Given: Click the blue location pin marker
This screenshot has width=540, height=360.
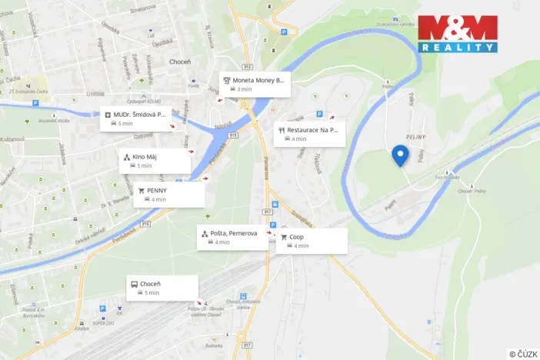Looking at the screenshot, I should pyautogui.click(x=400, y=155).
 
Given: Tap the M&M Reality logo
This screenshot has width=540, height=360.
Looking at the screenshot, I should pyautogui.click(x=457, y=33).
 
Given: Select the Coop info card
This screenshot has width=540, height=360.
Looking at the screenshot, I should pyautogui.click(x=312, y=241).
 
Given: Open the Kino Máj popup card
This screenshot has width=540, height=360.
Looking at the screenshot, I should pyautogui.click(x=155, y=161).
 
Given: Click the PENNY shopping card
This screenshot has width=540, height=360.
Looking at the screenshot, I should pyautogui.click(x=169, y=195).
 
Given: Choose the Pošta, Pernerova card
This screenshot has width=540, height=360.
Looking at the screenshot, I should pyautogui.click(x=232, y=238).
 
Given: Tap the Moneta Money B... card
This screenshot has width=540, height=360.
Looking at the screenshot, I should pyautogui.click(x=254, y=84).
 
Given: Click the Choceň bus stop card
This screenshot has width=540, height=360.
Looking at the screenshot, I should pyautogui.click(x=162, y=288).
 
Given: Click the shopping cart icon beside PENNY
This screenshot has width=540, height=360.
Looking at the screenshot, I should pyautogui.click(x=141, y=190).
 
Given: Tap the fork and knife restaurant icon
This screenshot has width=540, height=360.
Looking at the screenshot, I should pyautogui.click(x=282, y=130).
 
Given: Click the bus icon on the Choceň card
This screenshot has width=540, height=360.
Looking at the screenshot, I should pyautogui.click(x=135, y=284).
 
